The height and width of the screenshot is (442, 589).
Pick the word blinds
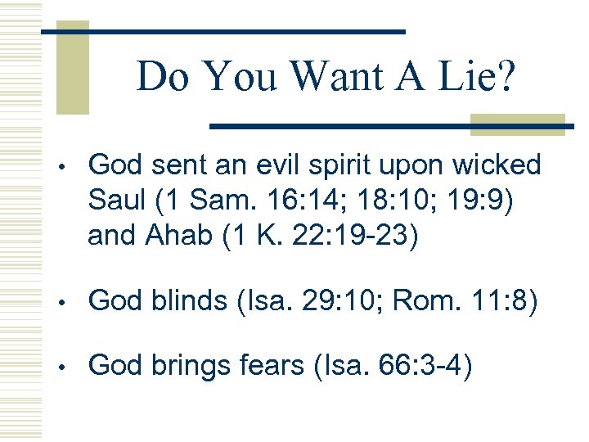click(189, 302)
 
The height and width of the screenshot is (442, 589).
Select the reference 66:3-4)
click(420, 367)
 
